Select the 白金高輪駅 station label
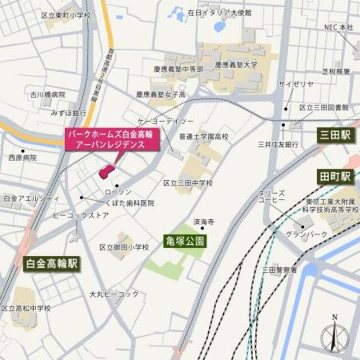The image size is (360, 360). click(52, 263)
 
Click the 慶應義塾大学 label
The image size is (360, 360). click(236, 65)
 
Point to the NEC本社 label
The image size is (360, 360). click(337, 26)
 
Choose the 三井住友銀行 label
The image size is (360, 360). click(277, 145)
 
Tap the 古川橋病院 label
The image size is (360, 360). click(48, 94)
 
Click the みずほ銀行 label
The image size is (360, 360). click(67, 112)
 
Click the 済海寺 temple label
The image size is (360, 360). click(204, 222)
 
